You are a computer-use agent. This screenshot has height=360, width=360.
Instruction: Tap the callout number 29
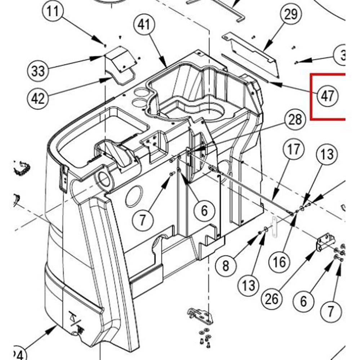pyautogui.click(x=291, y=15)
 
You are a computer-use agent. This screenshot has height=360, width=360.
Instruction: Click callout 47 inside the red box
pyautogui.click(x=327, y=96)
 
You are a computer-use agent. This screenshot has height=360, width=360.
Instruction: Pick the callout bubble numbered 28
pyautogui.click(x=294, y=119)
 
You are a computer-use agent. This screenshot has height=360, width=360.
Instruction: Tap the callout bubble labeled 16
pyautogui.click(x=279, y=261)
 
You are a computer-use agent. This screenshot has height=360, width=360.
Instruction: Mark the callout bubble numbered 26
pyautogui.click(x=272, y=299)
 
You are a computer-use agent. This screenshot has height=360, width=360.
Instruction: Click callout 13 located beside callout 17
pyautogui.click(x=327, y=155)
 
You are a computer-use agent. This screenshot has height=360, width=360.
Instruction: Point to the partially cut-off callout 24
pyautogui.click(x=20, y=354)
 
